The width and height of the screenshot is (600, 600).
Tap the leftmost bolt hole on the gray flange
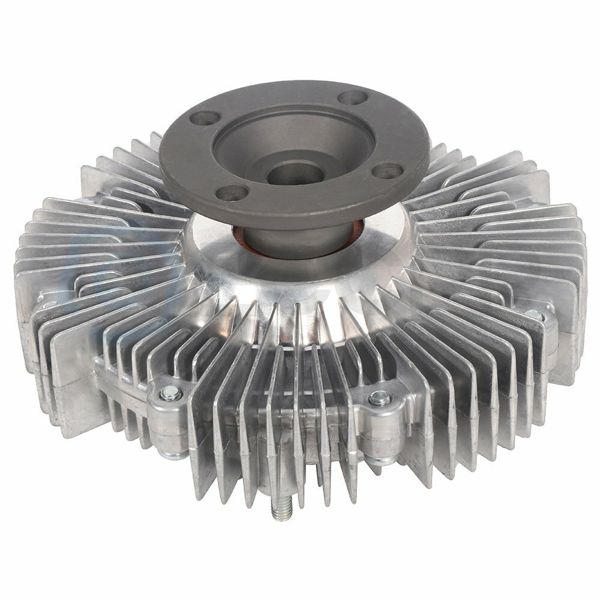point(205,118)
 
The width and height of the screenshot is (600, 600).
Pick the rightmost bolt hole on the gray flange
point(387,171)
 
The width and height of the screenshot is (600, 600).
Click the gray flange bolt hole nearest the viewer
point(231,193)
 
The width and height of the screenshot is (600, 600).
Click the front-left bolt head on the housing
point(170,393)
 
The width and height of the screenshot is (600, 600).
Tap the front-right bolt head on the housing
point(379,397)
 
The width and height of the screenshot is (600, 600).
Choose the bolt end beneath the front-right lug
point(377,460)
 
